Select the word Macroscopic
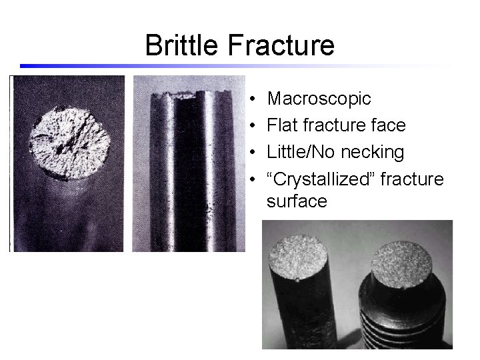[x=319, y=99]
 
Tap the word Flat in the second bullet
[x=282, y=125]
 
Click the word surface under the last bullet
[x=297, y=201]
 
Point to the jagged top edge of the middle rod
[x=187, y=96]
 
